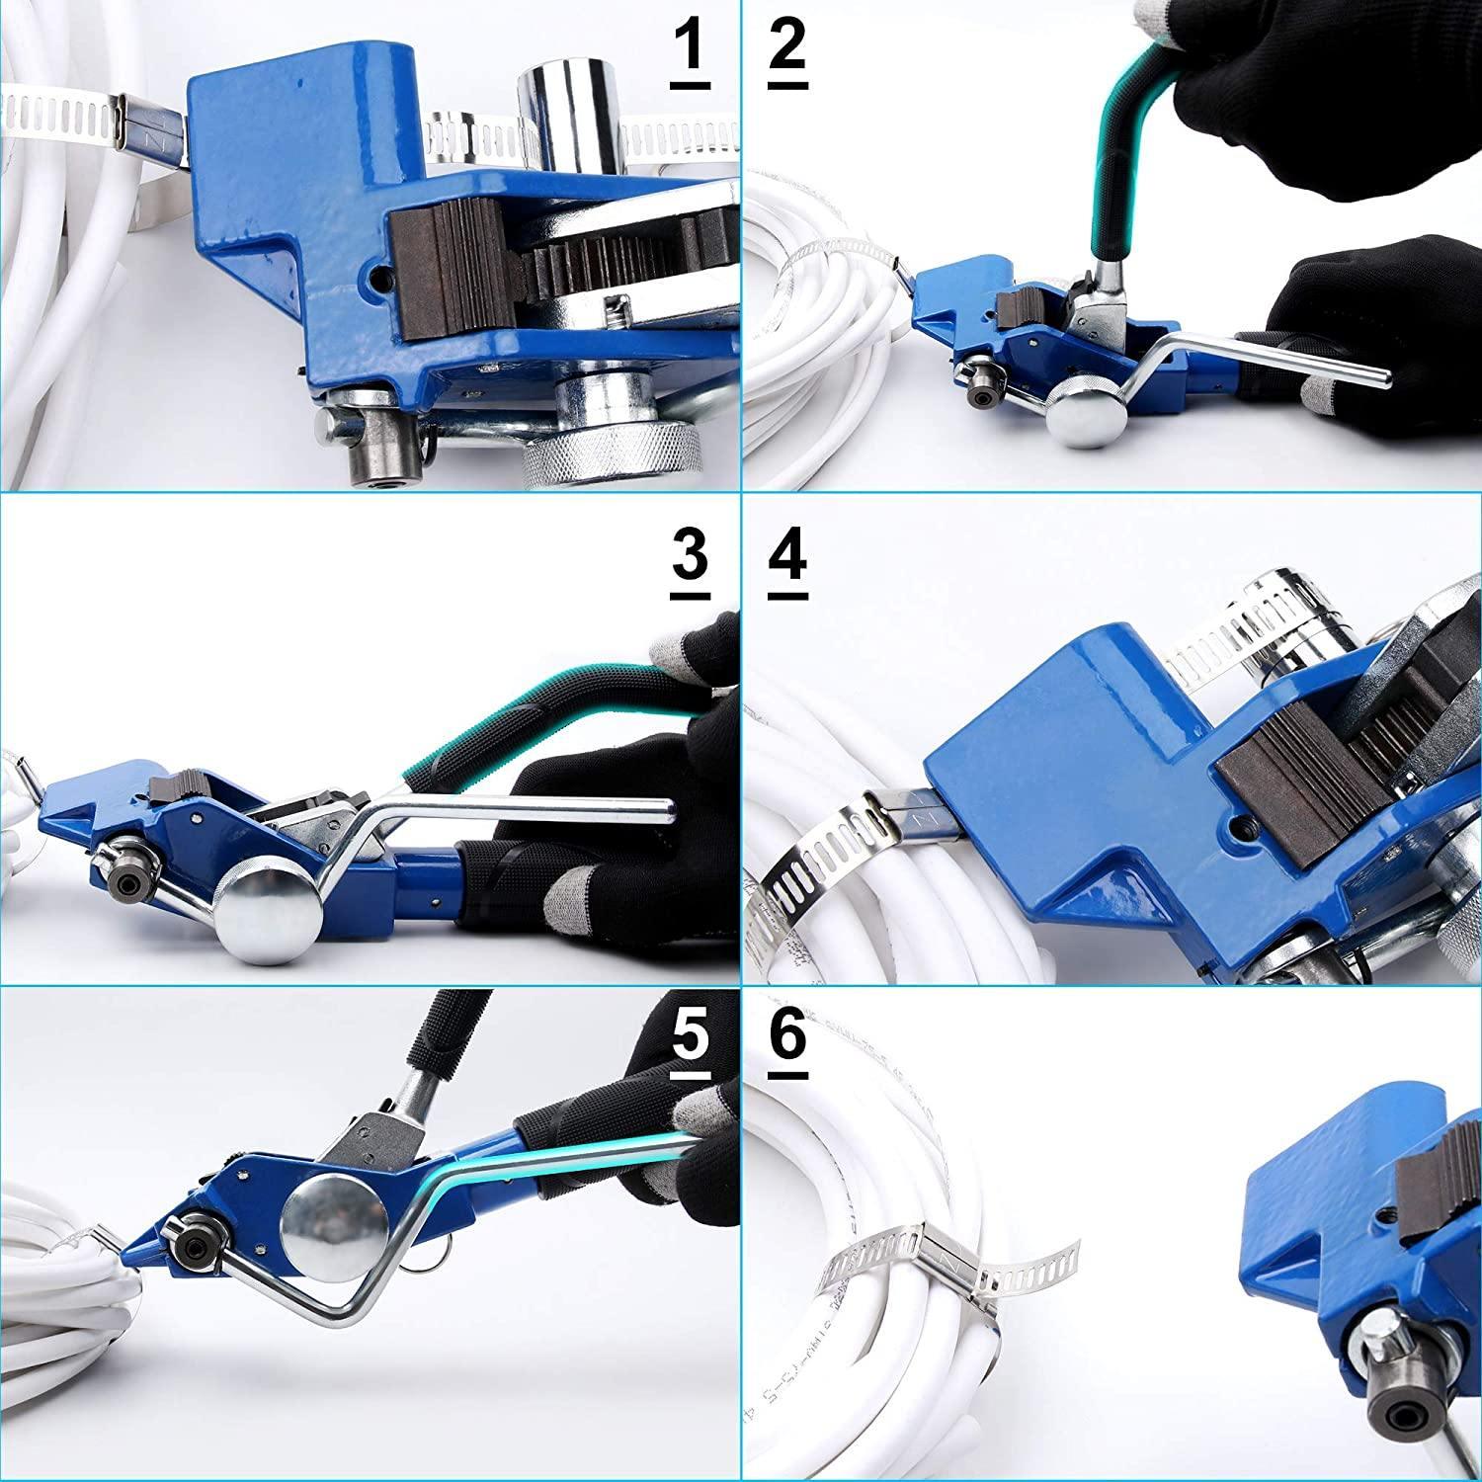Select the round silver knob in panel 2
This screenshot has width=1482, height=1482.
tap(1076, 415)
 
